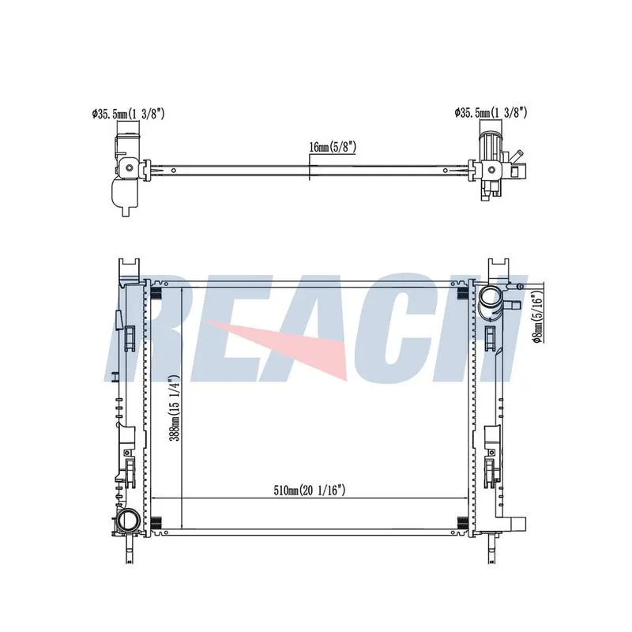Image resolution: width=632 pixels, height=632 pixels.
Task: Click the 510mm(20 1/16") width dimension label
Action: point(310,491)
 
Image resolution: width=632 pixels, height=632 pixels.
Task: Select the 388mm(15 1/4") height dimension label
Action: point(174,408)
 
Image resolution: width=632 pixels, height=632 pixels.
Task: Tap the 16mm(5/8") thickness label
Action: point(333,147)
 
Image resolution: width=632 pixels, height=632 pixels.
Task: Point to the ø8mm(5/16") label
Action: point(538,313)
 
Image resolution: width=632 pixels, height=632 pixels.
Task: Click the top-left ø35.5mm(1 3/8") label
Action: point(128,114)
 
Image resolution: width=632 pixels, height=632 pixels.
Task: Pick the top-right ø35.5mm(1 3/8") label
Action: point(491,112)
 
